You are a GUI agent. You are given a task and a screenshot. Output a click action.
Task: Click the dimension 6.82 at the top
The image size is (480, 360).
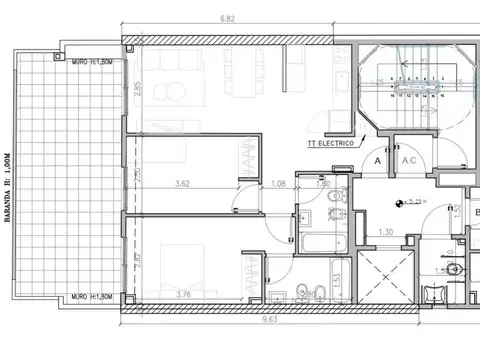(x=228, y=17)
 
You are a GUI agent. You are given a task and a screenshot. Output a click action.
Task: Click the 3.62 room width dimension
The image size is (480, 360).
(x=182, y=184)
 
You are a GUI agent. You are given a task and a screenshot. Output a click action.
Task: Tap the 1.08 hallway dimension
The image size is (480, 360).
(x=280, y=184)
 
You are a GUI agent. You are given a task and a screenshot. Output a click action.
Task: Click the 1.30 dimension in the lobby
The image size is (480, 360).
(x=385, y=233)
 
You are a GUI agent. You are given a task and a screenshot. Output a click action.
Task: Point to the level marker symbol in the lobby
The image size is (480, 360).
(x=401, y=206)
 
